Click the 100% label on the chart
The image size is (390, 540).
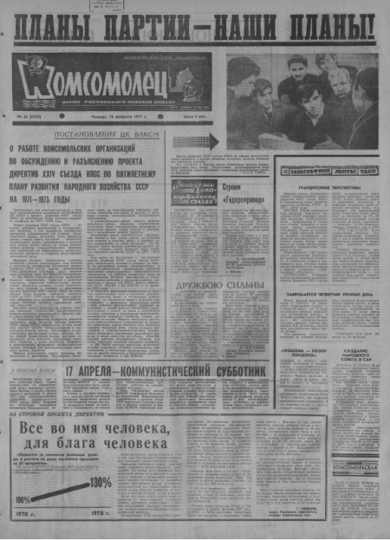(23, 499)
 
